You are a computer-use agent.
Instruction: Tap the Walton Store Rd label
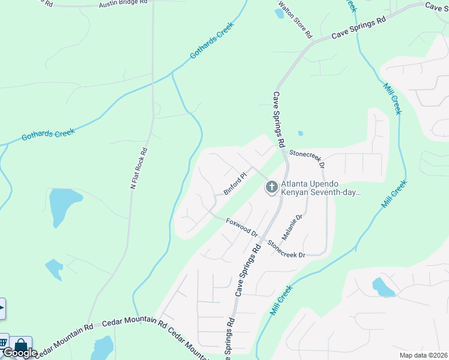(x=295, y=20)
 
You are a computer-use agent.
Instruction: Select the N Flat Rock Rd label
(x=138, y=169)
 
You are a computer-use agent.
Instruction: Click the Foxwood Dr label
(x=241, y=228)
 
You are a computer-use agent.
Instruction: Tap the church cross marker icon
(x=271, y=188)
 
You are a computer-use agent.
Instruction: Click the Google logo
(x=19, y=353)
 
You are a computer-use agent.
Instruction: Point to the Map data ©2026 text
(x=423, y=355)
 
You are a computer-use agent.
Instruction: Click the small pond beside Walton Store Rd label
(x=279, y=13)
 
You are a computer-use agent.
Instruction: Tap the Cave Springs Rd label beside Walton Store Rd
(x=358, y=28)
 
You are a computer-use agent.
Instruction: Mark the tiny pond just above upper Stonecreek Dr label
(x=300, y=133)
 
